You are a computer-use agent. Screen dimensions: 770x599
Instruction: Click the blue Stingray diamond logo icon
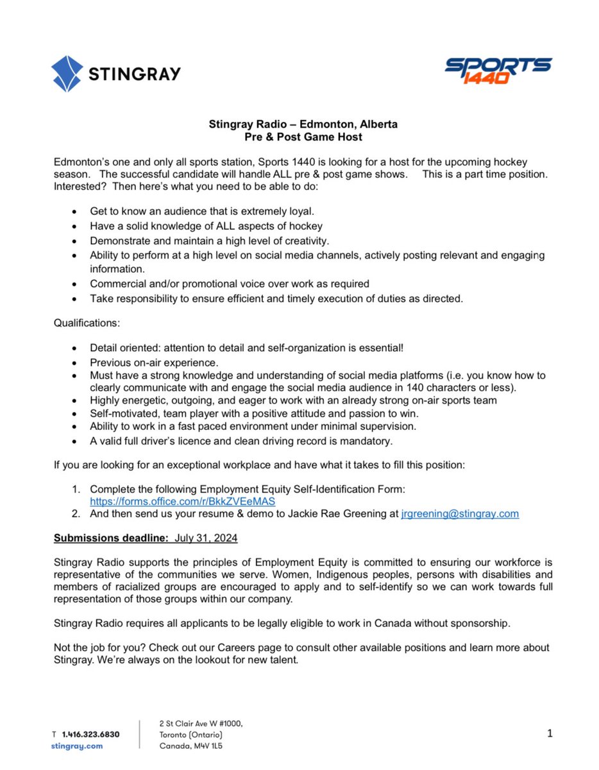point(67,73)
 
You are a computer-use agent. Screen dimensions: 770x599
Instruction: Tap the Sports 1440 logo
point(498,71)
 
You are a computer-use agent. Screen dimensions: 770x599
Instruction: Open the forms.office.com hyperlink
point(182,502)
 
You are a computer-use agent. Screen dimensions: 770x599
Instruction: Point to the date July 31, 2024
point(207,538)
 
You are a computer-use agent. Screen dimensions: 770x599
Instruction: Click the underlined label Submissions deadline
point(110,538)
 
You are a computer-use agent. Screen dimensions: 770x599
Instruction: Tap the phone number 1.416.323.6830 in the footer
point(90,733)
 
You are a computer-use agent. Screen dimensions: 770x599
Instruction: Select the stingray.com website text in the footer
point(76,746)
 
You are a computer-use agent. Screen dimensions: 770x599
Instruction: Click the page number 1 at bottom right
point(549,733)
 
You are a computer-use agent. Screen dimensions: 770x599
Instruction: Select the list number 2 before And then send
point(76,514)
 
